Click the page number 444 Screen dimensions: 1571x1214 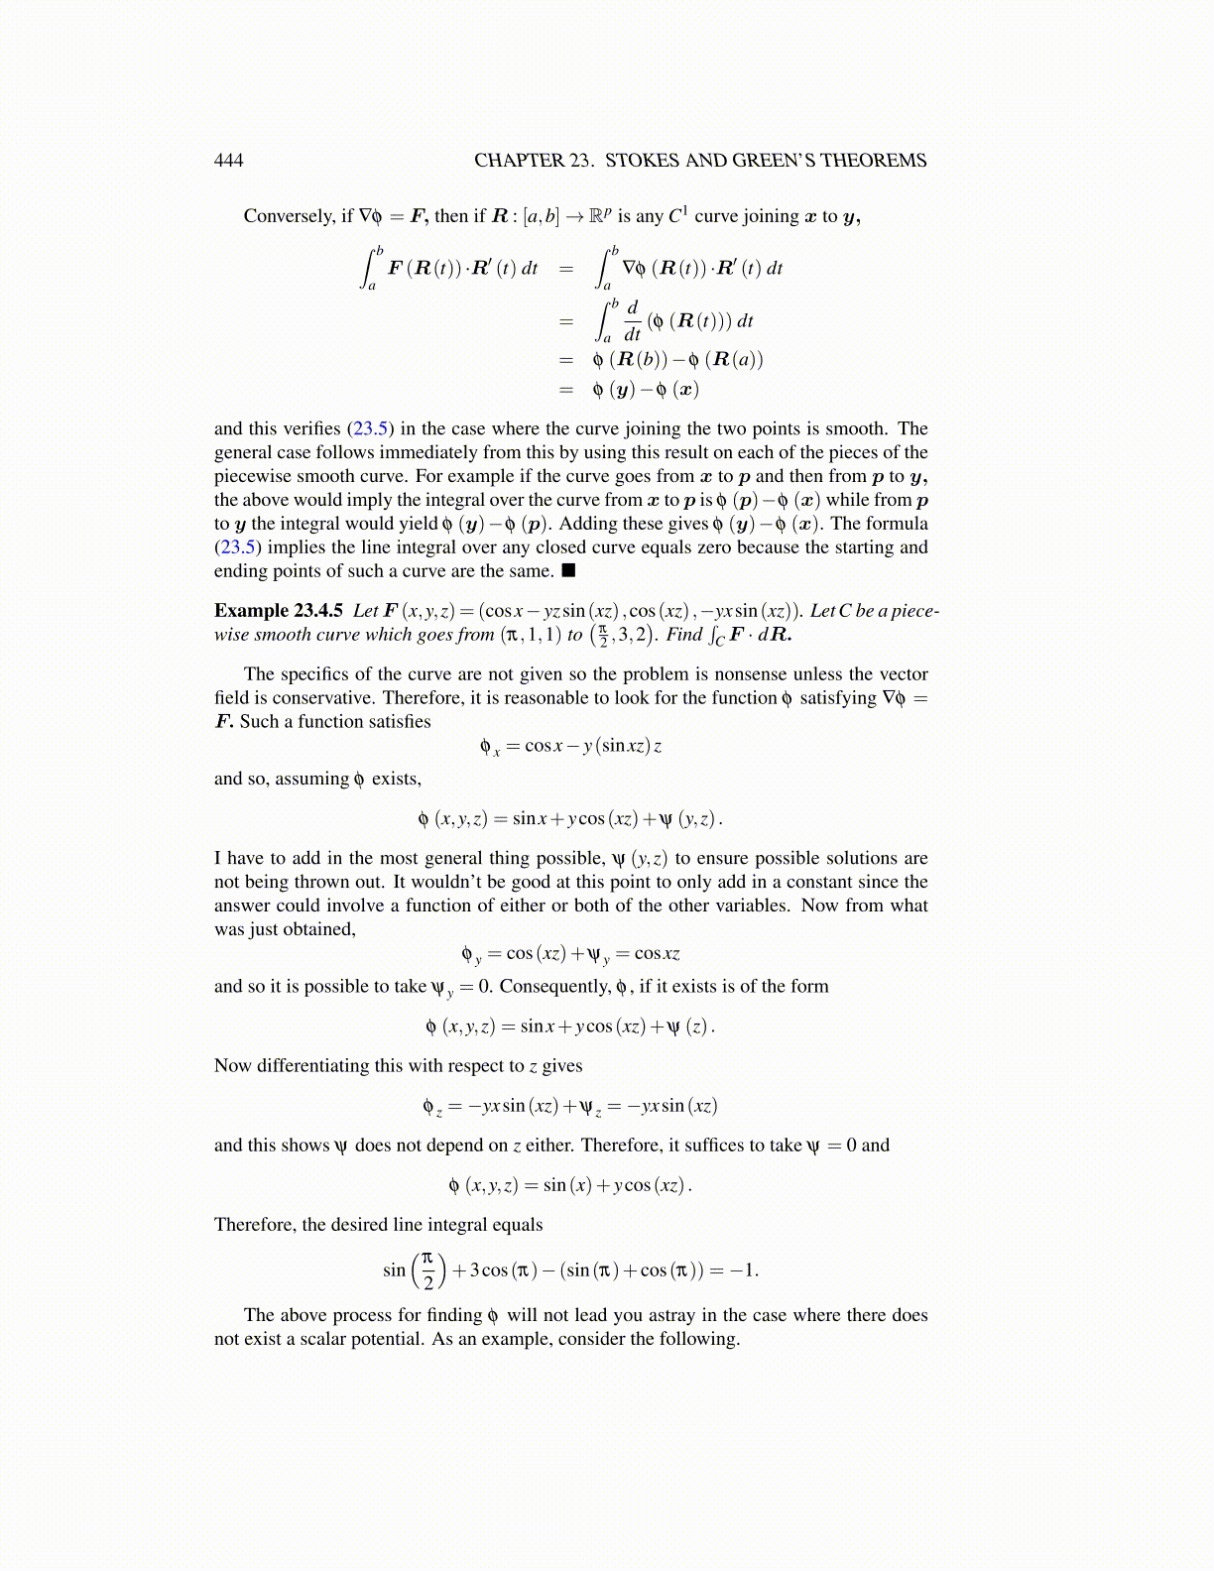[228, 161]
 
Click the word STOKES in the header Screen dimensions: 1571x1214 [641, 161]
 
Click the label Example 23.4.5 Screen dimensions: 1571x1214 [279, 611]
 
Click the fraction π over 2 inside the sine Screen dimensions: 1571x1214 [428, 1270]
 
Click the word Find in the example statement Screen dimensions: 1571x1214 [684, 635]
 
